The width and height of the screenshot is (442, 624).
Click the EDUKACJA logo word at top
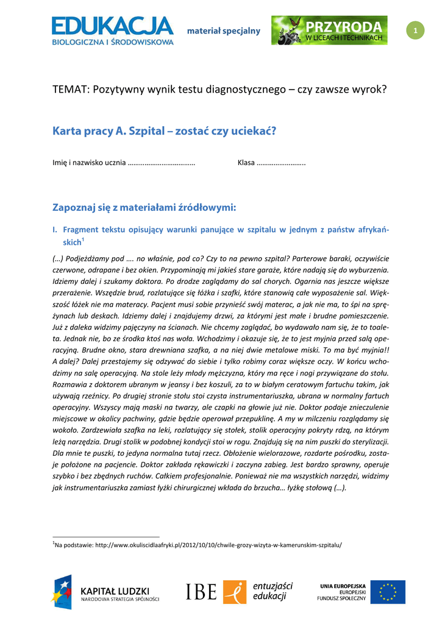click(x=113, y=26)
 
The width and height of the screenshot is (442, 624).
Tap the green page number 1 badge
click(x=415, y=30)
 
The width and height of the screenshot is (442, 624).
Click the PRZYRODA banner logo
click(x=329, y=30)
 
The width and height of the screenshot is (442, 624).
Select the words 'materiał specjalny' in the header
click(x=223, y=31)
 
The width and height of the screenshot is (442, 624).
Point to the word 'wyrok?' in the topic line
click(x=369, y=90)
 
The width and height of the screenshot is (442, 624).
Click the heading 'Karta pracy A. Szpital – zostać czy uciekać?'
click(x=164, y=130)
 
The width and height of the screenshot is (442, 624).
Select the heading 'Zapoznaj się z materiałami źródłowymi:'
click(x=144, y=207)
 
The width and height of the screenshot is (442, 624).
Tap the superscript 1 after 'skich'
click(x=83, y=240)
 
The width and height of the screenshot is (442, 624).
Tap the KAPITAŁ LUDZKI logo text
click(x=119, y=590)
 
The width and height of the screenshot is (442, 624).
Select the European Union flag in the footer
click(x=388, y=592)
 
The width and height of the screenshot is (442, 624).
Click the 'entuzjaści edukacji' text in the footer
click(x=273, y=591)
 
